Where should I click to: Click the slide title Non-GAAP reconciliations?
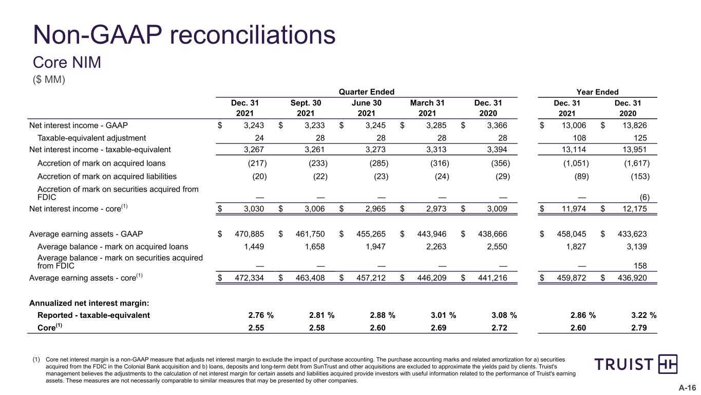tap(184, 35)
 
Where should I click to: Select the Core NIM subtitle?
tap(67, 62)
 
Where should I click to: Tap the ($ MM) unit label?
tap(49, 79)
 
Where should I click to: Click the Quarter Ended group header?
tap(367, 92)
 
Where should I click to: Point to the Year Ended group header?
tap(597, 92)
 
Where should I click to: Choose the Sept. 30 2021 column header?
tap(306, 108)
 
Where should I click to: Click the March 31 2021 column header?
tap(427, 108)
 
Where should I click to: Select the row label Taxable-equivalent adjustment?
tap(92, 138)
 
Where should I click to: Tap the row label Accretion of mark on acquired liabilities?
tap(107, 176)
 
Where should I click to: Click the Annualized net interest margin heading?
tap(89, 303)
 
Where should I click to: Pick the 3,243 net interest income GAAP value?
tap(254, 125)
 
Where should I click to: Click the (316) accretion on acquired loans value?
tap(440, 164)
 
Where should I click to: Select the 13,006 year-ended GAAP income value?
tap(574, 125)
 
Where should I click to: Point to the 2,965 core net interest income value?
tap(375, 209)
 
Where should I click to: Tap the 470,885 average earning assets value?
tap(250, 234)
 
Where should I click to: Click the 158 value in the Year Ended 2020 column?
tap(640, 266)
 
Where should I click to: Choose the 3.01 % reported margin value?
tap(443, 315)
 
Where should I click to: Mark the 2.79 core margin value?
tap(639, 328)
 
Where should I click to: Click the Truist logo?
tap(636, 364)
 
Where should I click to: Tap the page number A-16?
tap(687, 388)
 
